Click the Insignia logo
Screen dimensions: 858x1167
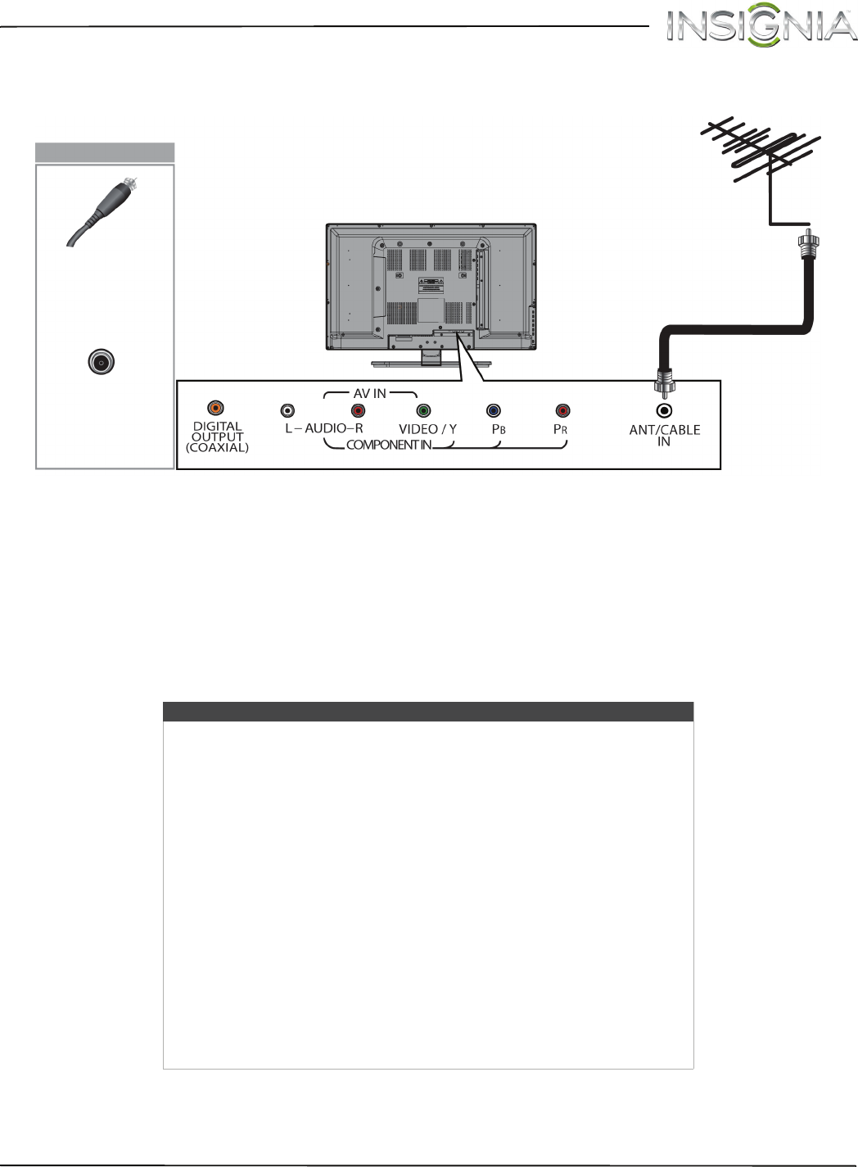pyautogui.click(x=760, y=27)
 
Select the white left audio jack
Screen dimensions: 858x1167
pyautogui.click(x=287, y=410)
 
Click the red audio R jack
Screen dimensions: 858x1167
pyautogui.click(x=358, y=410)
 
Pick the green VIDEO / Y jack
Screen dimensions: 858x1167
pyautogui.click(x=423, y=410)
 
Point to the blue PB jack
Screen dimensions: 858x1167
pyautogui.click(x=493, y=410)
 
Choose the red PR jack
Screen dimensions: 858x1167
pyautogui.click(x=562, y=410)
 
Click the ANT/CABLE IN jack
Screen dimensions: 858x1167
pyautogui.click(x=665, y=410)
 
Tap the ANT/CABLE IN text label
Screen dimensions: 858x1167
pyautogui.click(x=664, y=435)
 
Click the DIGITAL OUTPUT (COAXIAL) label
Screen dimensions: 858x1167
pyautogui.click(x=218, y=436)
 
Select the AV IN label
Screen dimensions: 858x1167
pyautogui.click(x=370, y=393)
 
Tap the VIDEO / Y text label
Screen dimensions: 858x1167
pyautogui.click(x=427, y=428)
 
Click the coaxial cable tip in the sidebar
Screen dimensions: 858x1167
pyautogui.click(x=129, y=184)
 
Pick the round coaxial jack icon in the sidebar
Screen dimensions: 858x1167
pyautogui.click(x=102, y=362)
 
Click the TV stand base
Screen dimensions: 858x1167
pyautogui.click(x=431, y=361)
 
